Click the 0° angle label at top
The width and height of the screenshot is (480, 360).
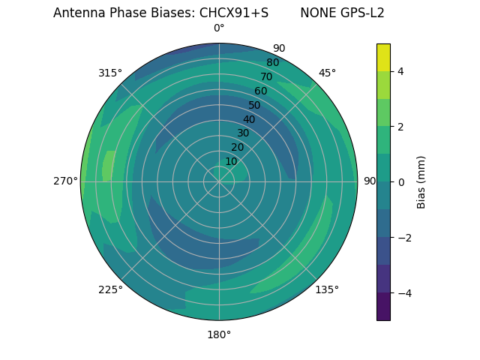tap(219, 28)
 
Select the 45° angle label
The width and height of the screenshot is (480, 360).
tap(327, 73)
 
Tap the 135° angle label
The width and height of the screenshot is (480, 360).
tap(327, 289)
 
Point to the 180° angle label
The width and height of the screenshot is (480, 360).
tap(219, 334)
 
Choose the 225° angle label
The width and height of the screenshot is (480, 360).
tap(110, 289)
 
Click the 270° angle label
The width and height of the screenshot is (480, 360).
tap(65, 181)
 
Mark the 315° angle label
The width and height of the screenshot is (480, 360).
tap(110, 73)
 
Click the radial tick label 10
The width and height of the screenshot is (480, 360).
tap(231, 161)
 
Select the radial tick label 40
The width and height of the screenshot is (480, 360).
tap(249, 119)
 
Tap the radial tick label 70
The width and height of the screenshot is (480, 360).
tap(266, 76)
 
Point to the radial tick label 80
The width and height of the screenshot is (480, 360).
tap(272, 62)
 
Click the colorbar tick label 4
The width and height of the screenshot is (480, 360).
tap(400, 71)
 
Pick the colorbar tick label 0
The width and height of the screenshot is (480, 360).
tap(400, 181)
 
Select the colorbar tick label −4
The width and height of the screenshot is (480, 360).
tap(403, 292)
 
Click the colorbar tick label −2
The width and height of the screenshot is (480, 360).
tap(403, 237)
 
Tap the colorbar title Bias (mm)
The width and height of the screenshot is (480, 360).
tap(421, 181)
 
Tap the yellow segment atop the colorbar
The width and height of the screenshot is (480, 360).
tap(383, 57)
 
